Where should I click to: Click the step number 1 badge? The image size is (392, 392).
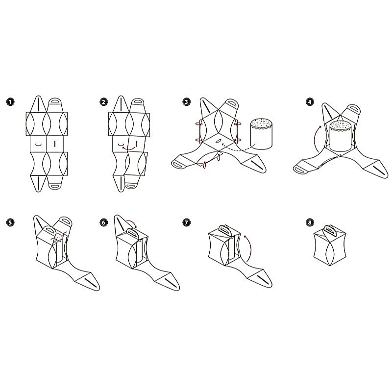(10, 102)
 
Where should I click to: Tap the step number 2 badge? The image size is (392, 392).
(103, 102)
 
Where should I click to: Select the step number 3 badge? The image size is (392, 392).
(187, 102)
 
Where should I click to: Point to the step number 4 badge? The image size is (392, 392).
(310, 102)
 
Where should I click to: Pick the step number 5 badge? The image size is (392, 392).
(10, 222)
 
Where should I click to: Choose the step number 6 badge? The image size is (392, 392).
(103, 222)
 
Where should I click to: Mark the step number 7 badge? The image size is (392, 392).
(187, 222)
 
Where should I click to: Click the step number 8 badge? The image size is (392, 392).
(310, 222)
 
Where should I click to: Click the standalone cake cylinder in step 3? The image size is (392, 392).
(261, 134)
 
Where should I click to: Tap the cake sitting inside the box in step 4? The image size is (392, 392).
(341, 136)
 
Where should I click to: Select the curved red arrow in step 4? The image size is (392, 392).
(317, 138)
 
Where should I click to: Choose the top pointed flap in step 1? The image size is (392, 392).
(38, 104)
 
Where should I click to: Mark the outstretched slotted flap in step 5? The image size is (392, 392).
(88, 281)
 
